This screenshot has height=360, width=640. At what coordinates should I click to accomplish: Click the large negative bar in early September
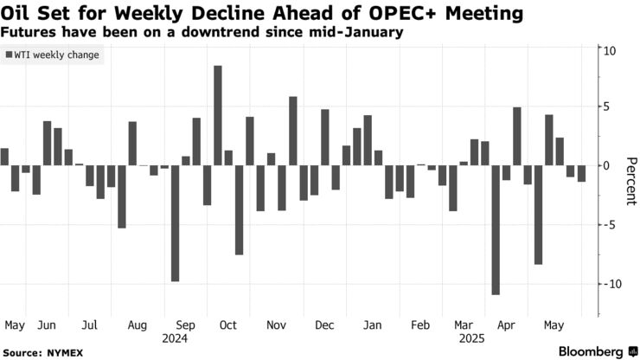coord(175,222)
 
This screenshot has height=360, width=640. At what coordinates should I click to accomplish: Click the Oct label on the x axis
coord(228,325)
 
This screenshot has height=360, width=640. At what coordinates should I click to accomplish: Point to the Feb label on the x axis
coord(420,325)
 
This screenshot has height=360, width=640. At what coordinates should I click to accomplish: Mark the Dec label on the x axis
coord(324,325)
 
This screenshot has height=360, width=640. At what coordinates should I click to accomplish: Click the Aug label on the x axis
coord(137,325)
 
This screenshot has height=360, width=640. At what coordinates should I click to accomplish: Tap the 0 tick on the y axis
coord(610,165)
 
